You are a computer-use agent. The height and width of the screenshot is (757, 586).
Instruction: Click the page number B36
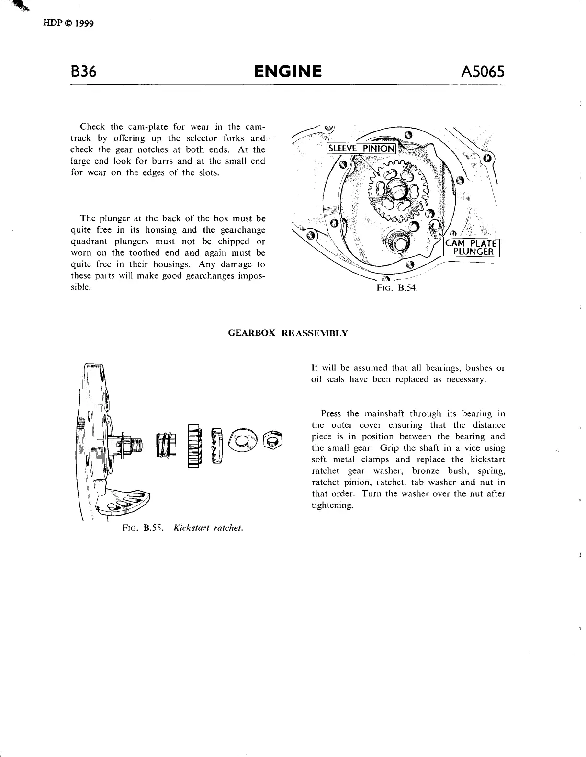tap(83, 71)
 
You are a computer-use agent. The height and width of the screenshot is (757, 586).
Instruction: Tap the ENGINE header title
tap(287, 71)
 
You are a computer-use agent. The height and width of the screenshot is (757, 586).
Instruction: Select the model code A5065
tap(482, 71)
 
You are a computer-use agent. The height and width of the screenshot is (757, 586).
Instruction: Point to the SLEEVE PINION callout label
tap(361, 148)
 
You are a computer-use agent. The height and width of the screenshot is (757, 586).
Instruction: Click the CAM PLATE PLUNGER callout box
tap(472, 247)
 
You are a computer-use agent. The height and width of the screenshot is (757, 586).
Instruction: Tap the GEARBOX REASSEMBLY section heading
tap(287, 333)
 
